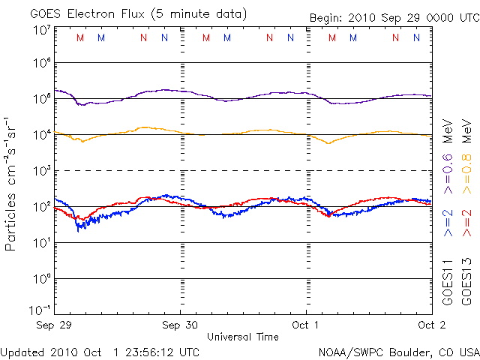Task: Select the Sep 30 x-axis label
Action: (180, 325)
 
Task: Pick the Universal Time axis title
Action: (242, 337)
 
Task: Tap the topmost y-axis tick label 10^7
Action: (41, 30)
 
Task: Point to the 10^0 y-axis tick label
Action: (41, 278)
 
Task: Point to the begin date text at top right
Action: (392, 17)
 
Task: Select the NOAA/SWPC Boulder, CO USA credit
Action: (398, 351)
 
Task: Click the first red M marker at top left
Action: (80, 37)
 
